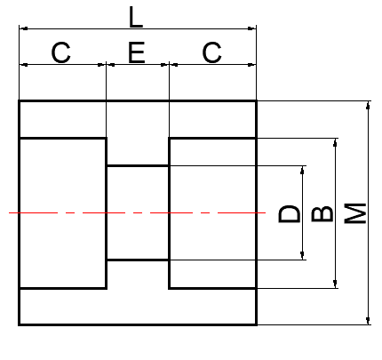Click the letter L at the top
point(136,17)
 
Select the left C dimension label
point(61,52)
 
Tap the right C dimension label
point(211,52)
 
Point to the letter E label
point(137,52)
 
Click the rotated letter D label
point(290,213)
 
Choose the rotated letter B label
point(322,213)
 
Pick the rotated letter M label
point(355,213)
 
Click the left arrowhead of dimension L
point(24,28)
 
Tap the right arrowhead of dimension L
point(251,28)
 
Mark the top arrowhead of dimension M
point(368,106)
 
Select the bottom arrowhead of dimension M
point(368,320)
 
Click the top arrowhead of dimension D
point(302,171)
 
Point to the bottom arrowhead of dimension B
point(335,284)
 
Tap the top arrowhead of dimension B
point(335,143)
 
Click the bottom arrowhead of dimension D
point(302,255)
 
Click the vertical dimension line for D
point(302,213)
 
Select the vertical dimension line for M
point(368,213)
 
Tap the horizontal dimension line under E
point(138,64)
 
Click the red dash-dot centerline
point(137,212)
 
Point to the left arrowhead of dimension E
point(111,64)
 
